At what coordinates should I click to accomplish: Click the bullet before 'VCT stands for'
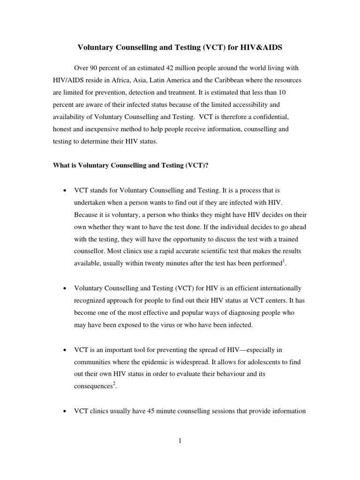coord(64,191)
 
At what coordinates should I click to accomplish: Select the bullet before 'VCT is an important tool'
coord(64,350)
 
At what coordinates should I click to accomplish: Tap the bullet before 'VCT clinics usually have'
coord(64,411)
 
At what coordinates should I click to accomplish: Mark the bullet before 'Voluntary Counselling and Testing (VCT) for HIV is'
coord(64,288)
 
